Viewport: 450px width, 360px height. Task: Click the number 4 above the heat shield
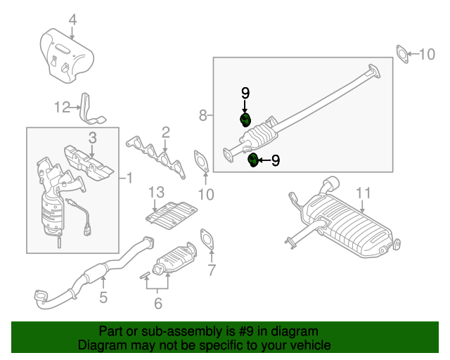coord(73,20)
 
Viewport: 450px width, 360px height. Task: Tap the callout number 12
coord(62,108)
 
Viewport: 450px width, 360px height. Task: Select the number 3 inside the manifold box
coord(92,138)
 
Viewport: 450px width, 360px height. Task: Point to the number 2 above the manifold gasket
coord(166,133)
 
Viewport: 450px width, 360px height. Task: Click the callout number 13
coord(156,193)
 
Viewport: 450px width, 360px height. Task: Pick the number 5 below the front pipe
coord(103,297)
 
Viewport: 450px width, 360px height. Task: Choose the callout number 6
coord(158,304)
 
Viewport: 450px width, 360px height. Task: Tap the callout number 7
coord(212,270)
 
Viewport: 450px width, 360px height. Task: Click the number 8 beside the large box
coord(203,115)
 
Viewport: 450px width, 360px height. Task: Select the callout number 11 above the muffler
coord(364,193)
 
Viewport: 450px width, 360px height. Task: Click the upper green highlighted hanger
coord(245,120)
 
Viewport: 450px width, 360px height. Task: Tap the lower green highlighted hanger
coord(253,160)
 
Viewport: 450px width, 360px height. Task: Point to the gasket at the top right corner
coord(402,54)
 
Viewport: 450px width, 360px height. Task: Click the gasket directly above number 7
coord(207,238)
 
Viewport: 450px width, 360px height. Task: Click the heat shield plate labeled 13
coord(172,216)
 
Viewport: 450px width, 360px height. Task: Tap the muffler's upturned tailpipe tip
coord(330,183)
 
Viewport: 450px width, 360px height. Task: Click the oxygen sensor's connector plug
coord(87,230)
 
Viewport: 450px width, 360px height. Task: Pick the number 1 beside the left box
coord(129,178)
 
